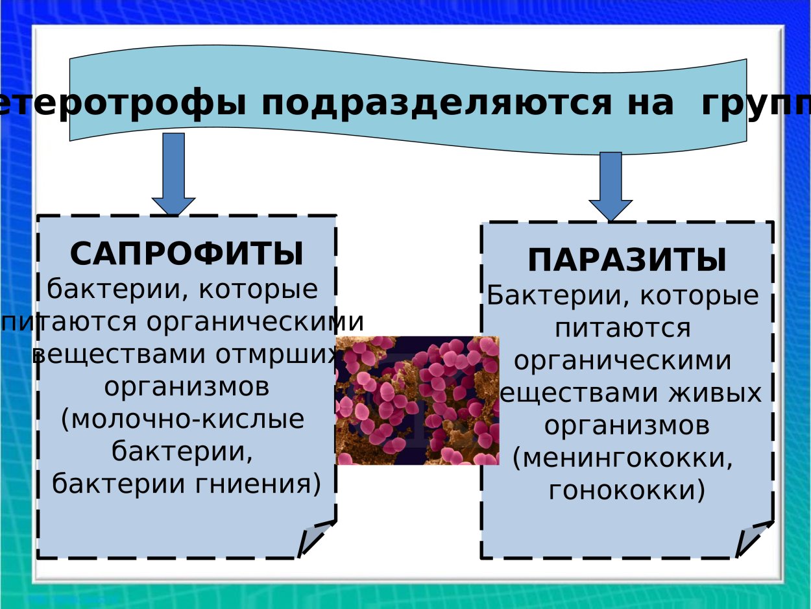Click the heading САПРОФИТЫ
click(186, 254)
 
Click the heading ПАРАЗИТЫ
click(627, 261)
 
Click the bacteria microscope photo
click(417, 400)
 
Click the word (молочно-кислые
click(182, 419)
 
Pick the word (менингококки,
click(623, 458)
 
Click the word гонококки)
click(627, 490)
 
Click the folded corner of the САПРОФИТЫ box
click(316, 538)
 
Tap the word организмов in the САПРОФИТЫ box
click(186, 388)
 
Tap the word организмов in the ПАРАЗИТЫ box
click(627, 426)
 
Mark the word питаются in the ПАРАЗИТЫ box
click(623, 328)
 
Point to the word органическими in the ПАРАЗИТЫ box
click(623, 361)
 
